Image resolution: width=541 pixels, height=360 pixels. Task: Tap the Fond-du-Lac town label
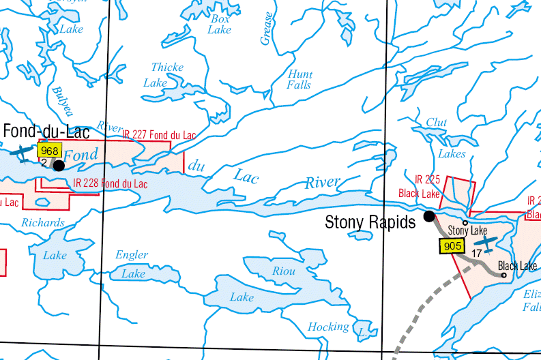coord(46,131)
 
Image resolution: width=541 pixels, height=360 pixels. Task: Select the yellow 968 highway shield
coord(50,151)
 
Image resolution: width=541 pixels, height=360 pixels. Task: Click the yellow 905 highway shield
coord(453,246)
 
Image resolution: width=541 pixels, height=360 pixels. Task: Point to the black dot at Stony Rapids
coord(429,217)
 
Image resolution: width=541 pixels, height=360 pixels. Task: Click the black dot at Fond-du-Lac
coord(59,165)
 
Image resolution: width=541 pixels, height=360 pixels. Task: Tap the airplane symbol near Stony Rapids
coord(486,242)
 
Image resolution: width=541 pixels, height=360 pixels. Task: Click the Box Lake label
coord(220,25)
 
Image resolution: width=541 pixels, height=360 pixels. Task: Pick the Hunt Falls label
coord(299,80)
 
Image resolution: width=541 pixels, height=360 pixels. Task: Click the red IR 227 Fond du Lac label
coord(159,135)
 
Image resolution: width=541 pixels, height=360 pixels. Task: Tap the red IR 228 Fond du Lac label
coord(110,183)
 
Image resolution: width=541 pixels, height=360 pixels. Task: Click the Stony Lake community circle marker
coord(465,222)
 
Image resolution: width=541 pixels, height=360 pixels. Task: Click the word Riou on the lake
coord(284,271)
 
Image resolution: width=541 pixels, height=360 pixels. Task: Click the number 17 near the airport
coord(477,253)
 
